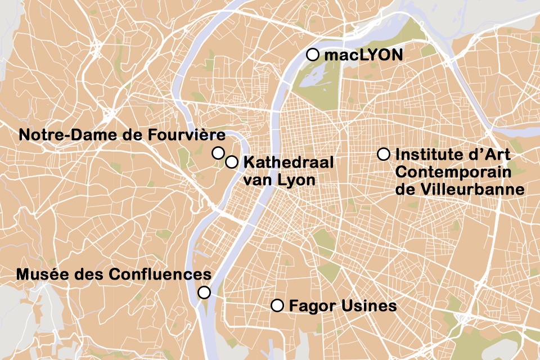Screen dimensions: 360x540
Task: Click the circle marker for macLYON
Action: pyautogui.click(x=313, y=55)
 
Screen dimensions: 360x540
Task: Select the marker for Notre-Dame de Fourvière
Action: pyautogui.click(x=218, y=152)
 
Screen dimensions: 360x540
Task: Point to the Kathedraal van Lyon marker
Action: pyautogui.click(x=231, y=162)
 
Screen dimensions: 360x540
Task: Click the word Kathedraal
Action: pyautogui.click(x=289, y=163)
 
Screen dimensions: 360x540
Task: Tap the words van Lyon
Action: pyautogui.click(x=271, y=181)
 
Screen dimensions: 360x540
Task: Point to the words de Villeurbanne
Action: pyautogui.click(x=460, y=190)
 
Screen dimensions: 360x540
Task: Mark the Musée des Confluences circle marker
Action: pyautogui.click(x=204, y=292)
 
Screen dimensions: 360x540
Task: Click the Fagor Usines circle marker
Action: pyautogui.click(x=277, y=305)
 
